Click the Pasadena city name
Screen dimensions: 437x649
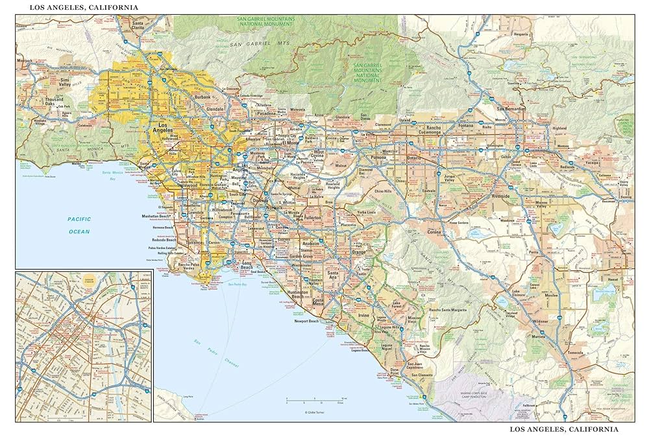(x=265, y=113)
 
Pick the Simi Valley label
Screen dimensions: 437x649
(x=65, y=82)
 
